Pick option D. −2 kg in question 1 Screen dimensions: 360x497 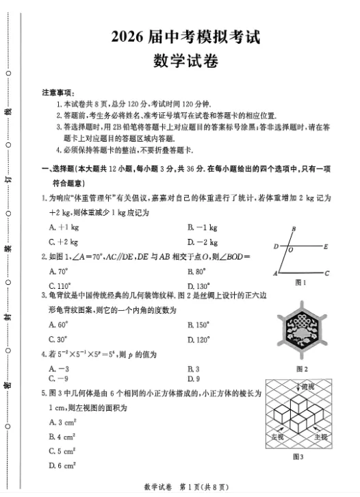tap(203, 242)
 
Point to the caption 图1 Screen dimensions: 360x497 tap(300, 282)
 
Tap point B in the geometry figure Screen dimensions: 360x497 tap(293, 230)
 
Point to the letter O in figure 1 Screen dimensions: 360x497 tap(292, 251)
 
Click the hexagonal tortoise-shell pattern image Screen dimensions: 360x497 tap(301, 330)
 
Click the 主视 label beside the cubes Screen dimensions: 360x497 tap(320, 435)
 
